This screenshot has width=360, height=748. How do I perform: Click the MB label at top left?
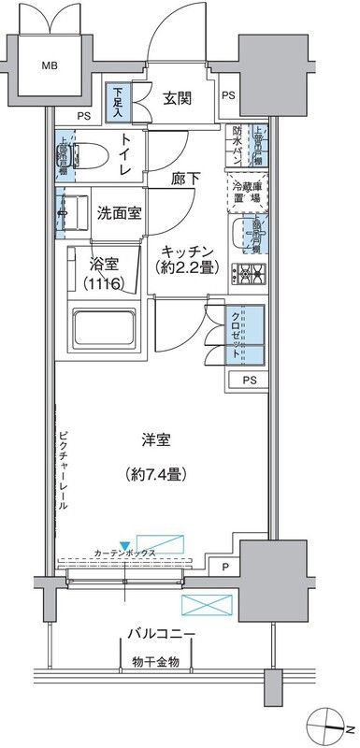pos(47,65)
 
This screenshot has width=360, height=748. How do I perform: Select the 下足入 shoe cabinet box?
pos(118,101)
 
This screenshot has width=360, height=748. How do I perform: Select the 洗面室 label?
pos(120,212)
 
